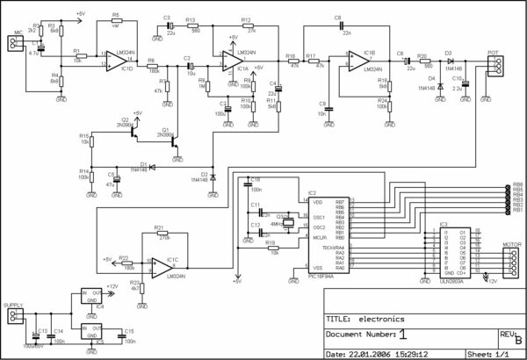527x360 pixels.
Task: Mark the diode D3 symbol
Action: (x=448, y=61)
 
